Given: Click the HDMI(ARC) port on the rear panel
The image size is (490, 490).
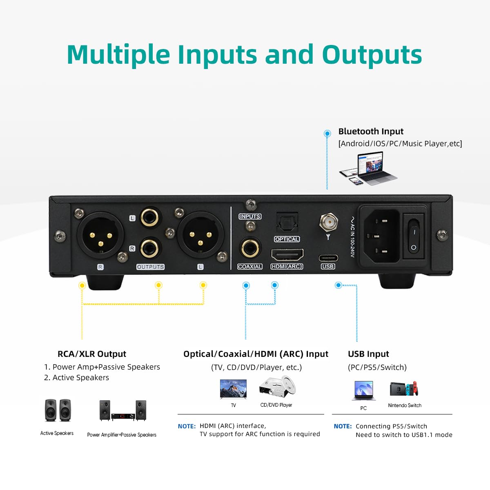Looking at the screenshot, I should click(x=287, y=255).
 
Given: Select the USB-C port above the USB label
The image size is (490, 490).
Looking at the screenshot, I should click(x=328, y=258).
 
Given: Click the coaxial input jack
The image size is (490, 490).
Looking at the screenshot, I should click(x=250, y=248).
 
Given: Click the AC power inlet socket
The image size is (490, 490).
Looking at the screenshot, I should click(x=379, y=236).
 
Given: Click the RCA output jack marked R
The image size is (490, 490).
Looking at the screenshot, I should click(x=150, y=248).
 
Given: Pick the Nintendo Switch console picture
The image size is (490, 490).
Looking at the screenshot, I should click(x=404, y=389).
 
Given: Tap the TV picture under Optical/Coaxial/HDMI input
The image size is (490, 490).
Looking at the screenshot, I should click(x=233, y=389).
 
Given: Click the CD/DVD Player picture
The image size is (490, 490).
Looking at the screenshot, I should click(x=277, y=387).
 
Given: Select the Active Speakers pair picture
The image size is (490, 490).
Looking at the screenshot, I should click(x=58, y=410).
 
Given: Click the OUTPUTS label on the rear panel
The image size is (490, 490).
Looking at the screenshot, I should click(x=150, y=267).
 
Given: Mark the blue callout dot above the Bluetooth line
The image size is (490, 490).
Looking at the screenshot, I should click(x=327, y=134).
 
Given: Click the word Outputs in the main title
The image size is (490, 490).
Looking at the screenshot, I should click(x=372, y=55).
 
